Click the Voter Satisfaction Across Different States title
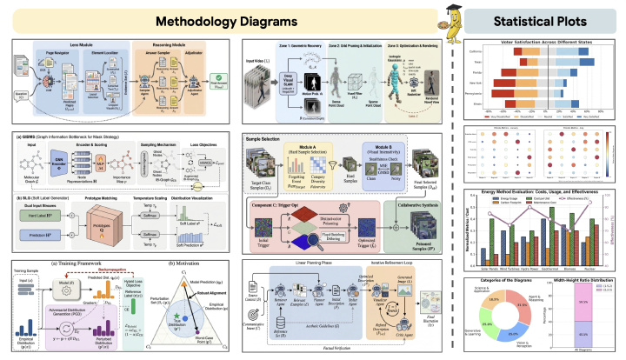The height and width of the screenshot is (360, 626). click(x=543, y=42)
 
